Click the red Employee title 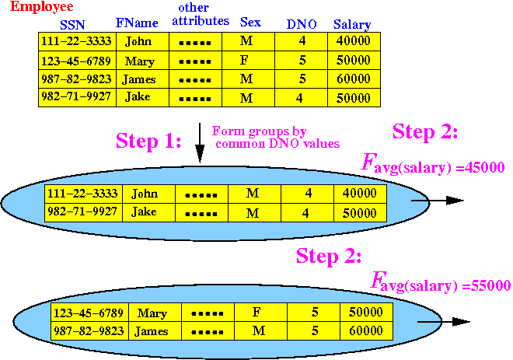point(41,7)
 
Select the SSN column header point(72,25)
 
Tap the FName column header point(137,23)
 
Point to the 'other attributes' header point(201,15)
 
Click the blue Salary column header point(352,25)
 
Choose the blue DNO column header point(302,24)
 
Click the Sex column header point(250,23)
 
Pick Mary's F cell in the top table point(244,60)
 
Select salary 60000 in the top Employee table point(354,79)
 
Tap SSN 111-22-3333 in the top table point(76,41)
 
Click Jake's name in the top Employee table point(138,96)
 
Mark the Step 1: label point(148,142)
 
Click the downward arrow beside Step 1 point(200,143)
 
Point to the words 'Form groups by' point(259,131)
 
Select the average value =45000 point(480,167)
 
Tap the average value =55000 point(486,285)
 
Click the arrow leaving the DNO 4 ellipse point(437,201)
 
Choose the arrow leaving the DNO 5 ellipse point(444,322)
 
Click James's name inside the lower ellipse point(152,331)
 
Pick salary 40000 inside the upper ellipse point(360,193)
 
